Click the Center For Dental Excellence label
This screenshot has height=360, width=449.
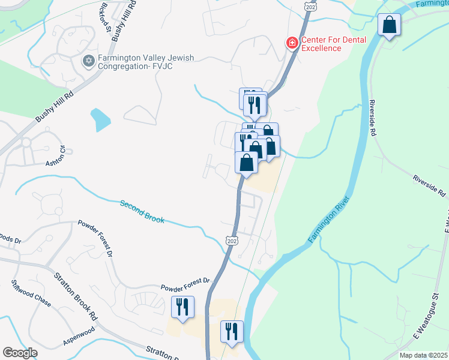coord(330,44)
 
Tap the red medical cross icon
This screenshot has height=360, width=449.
coord(292,43)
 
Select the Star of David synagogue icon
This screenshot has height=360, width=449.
coord(89,61)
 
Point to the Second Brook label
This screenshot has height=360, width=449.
coord(142,212)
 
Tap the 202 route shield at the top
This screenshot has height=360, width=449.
coord(309,5)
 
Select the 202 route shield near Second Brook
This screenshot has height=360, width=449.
coord(233,240)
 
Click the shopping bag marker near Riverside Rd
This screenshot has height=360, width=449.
coord(390,26)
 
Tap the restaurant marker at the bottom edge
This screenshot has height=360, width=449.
coord(231,331)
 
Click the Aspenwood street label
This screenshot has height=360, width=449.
coord(79,337)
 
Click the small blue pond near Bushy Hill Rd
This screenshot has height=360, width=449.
coord(100,120)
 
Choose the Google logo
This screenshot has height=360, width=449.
coord(20,352)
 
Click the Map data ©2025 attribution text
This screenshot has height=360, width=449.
coord(423,355)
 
